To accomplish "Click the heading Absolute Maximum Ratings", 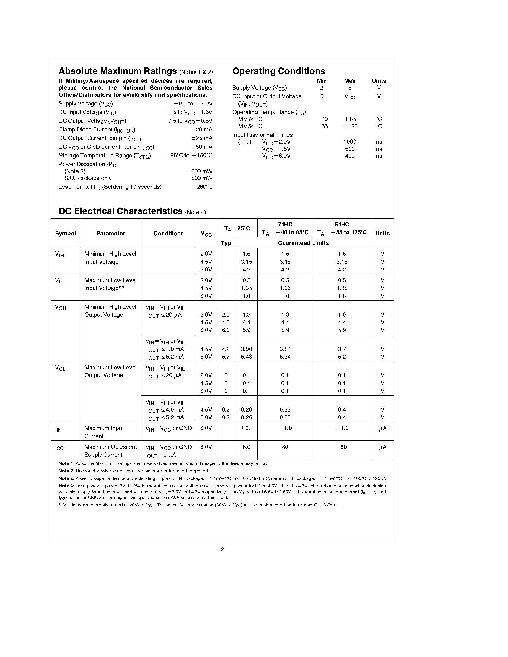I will click(118, 71).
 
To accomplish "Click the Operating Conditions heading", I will click(279, 71).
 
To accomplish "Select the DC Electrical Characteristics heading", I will click(120, 211).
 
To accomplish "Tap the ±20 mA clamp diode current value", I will click(202, 130).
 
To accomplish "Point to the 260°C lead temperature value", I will click(205, 187).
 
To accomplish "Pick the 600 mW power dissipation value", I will click(202, 171).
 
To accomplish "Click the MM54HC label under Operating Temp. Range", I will click(250, 126).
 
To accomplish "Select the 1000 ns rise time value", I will click(350, 142).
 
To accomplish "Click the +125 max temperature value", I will click(350, 126).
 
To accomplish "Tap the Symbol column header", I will click(65, 234).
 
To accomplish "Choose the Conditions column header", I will click(168, 234).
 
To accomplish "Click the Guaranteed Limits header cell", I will click(303, 243).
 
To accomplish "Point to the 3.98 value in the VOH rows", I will click(246, 349).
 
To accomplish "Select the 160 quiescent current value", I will click(342, 447).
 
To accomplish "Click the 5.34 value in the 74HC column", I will click(285, 357).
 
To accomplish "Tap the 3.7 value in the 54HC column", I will click(342, 349).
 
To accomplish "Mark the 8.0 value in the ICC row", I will click(246, 447).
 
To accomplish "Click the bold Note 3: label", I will click(66, 478).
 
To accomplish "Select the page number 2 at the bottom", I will click(222, 549).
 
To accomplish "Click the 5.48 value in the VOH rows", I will click(246, 357).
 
